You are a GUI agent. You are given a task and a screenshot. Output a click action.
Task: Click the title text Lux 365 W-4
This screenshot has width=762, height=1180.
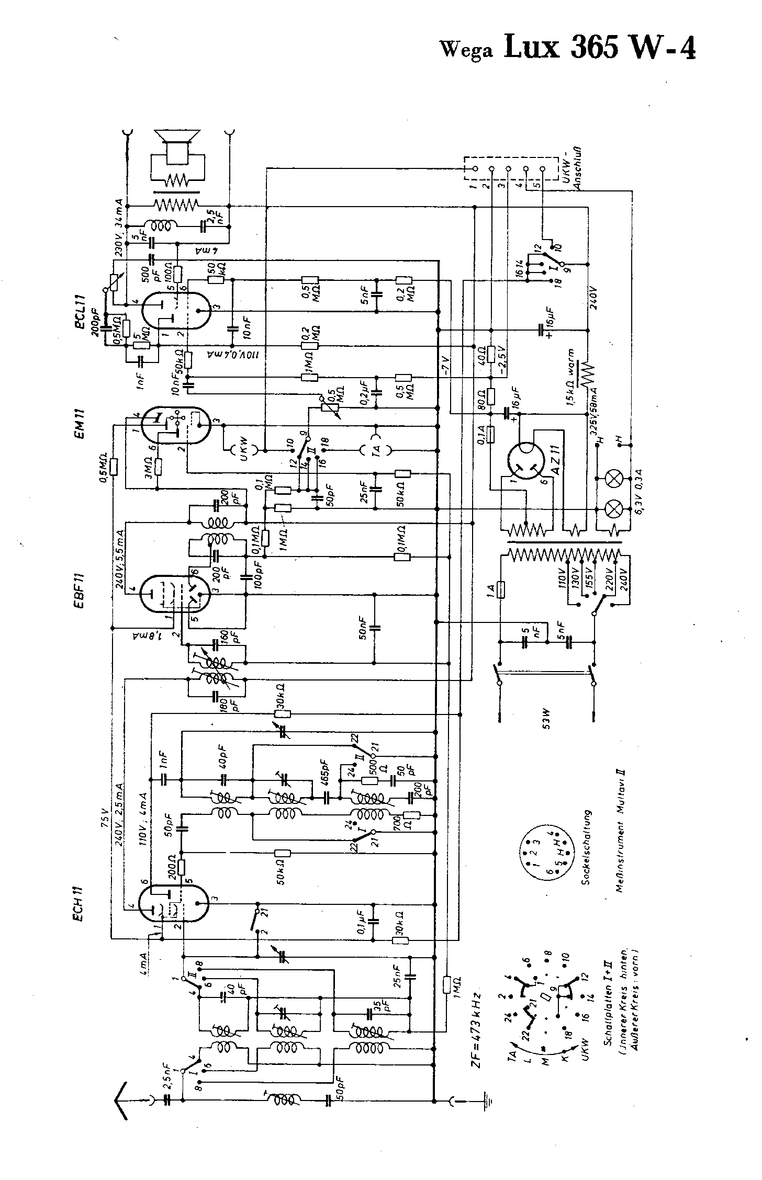600,49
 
